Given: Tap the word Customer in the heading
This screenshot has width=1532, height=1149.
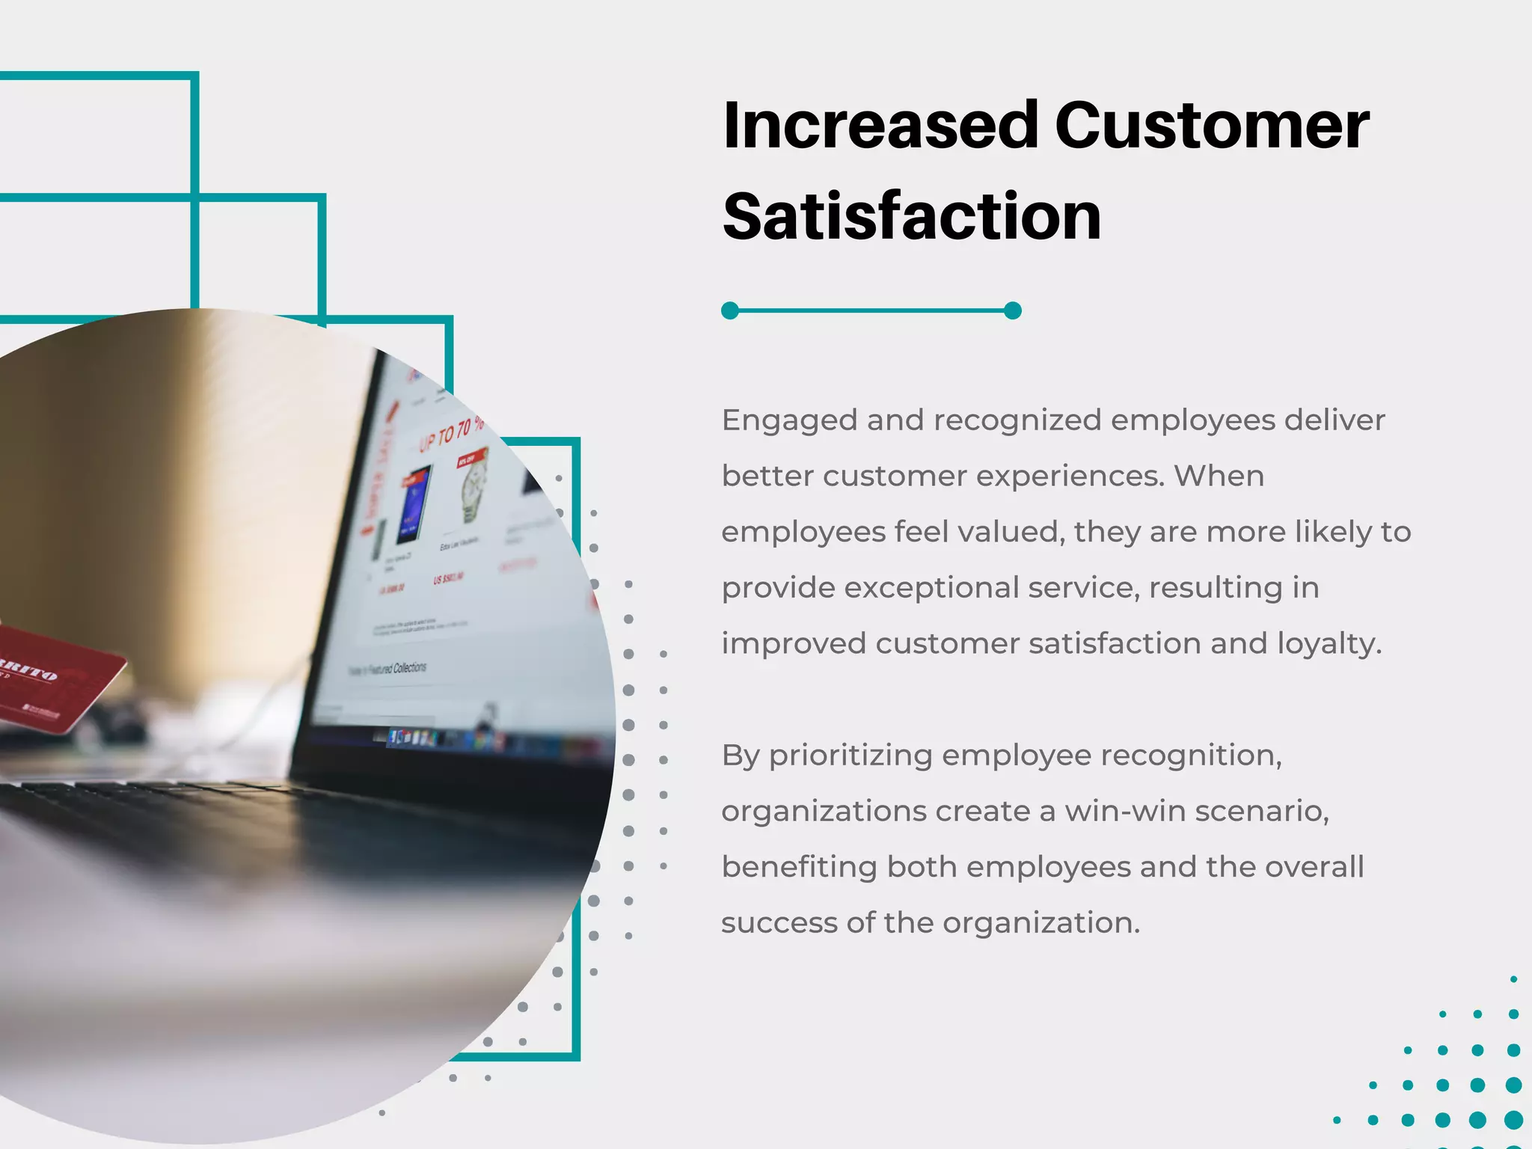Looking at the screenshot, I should coord(1212,126).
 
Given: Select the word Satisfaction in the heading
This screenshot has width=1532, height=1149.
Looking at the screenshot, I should coord(912,217).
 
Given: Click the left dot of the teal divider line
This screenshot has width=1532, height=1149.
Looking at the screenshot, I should coord(730,310).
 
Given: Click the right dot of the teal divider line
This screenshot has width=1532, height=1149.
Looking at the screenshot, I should coord(1013,310).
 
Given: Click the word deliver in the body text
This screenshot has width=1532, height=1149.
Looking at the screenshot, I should coord(1335,420).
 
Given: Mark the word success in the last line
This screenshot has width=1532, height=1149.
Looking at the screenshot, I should coord(779,923).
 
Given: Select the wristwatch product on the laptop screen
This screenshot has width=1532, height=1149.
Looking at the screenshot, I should coord(473,486).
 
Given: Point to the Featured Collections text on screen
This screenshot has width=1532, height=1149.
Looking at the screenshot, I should coord(389,668).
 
